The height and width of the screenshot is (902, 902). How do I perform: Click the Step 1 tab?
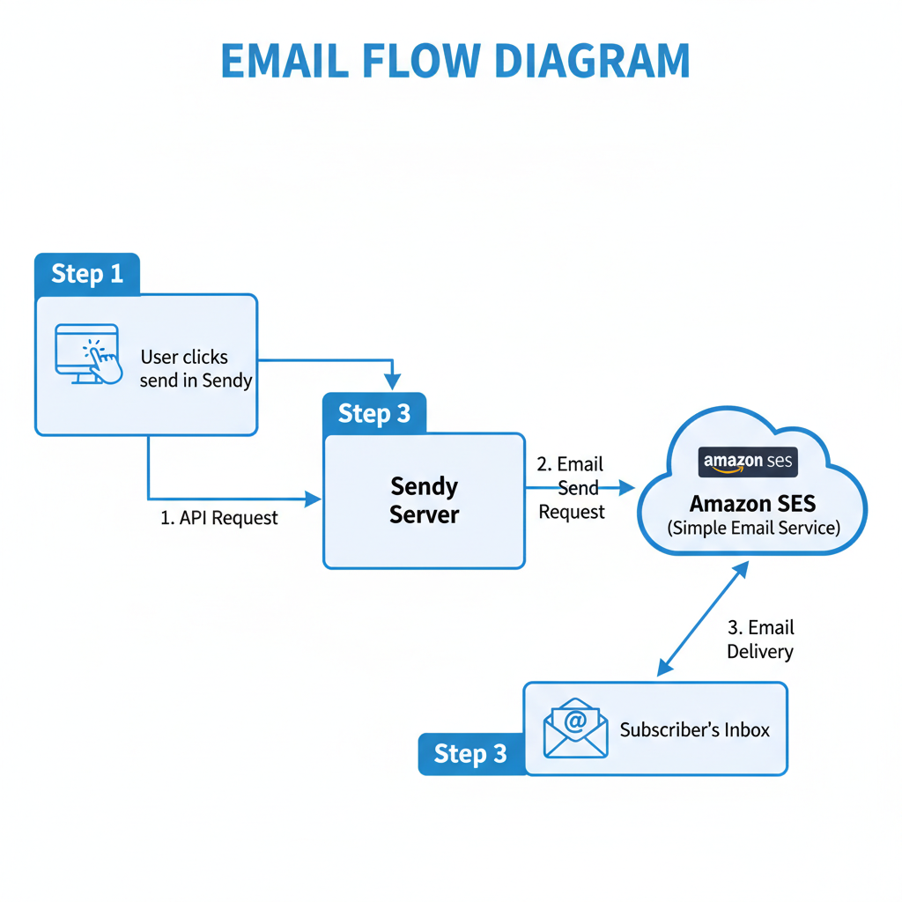pyautogui.click(x=86, y=274)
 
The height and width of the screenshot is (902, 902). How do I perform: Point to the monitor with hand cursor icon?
pyautogui.click(x=88, y=354)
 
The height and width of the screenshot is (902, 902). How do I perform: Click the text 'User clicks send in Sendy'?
pyautogui.click(x=195, y=369)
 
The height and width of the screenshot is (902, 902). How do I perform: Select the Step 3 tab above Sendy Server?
pyautogui.click(x=374, y=414)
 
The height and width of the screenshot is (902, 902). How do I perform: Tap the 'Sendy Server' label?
pyautogui.click(x=424, y=500)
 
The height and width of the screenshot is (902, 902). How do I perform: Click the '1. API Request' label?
pyautogui.click(x=219, y=518)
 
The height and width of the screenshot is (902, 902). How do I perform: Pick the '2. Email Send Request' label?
pyautogui.click(x=571, y=488)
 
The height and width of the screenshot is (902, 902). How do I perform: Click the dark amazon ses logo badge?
pyautogui.click(x=748, y=462)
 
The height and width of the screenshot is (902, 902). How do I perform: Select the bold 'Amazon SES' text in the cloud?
pyautogui.click(x=752, y=504)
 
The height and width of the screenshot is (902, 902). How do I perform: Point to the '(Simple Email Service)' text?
pyautogui.click(x=753, y=528)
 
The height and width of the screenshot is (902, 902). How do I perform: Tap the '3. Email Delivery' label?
pyautogui.click(x=760, y=640)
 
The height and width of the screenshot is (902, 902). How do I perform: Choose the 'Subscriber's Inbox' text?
pyautogui.click(x=695, y=730)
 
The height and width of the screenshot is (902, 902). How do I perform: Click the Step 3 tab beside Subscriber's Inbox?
pyautogui.click(x=470, y=754)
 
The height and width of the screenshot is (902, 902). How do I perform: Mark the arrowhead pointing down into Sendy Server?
pyautogui.click(x=393, y=382)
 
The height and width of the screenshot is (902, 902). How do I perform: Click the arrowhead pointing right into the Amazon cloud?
pyautogui.click(x=626, y=488)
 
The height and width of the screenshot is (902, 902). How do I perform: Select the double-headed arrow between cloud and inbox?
pyautogui.click(x=703, y=619)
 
